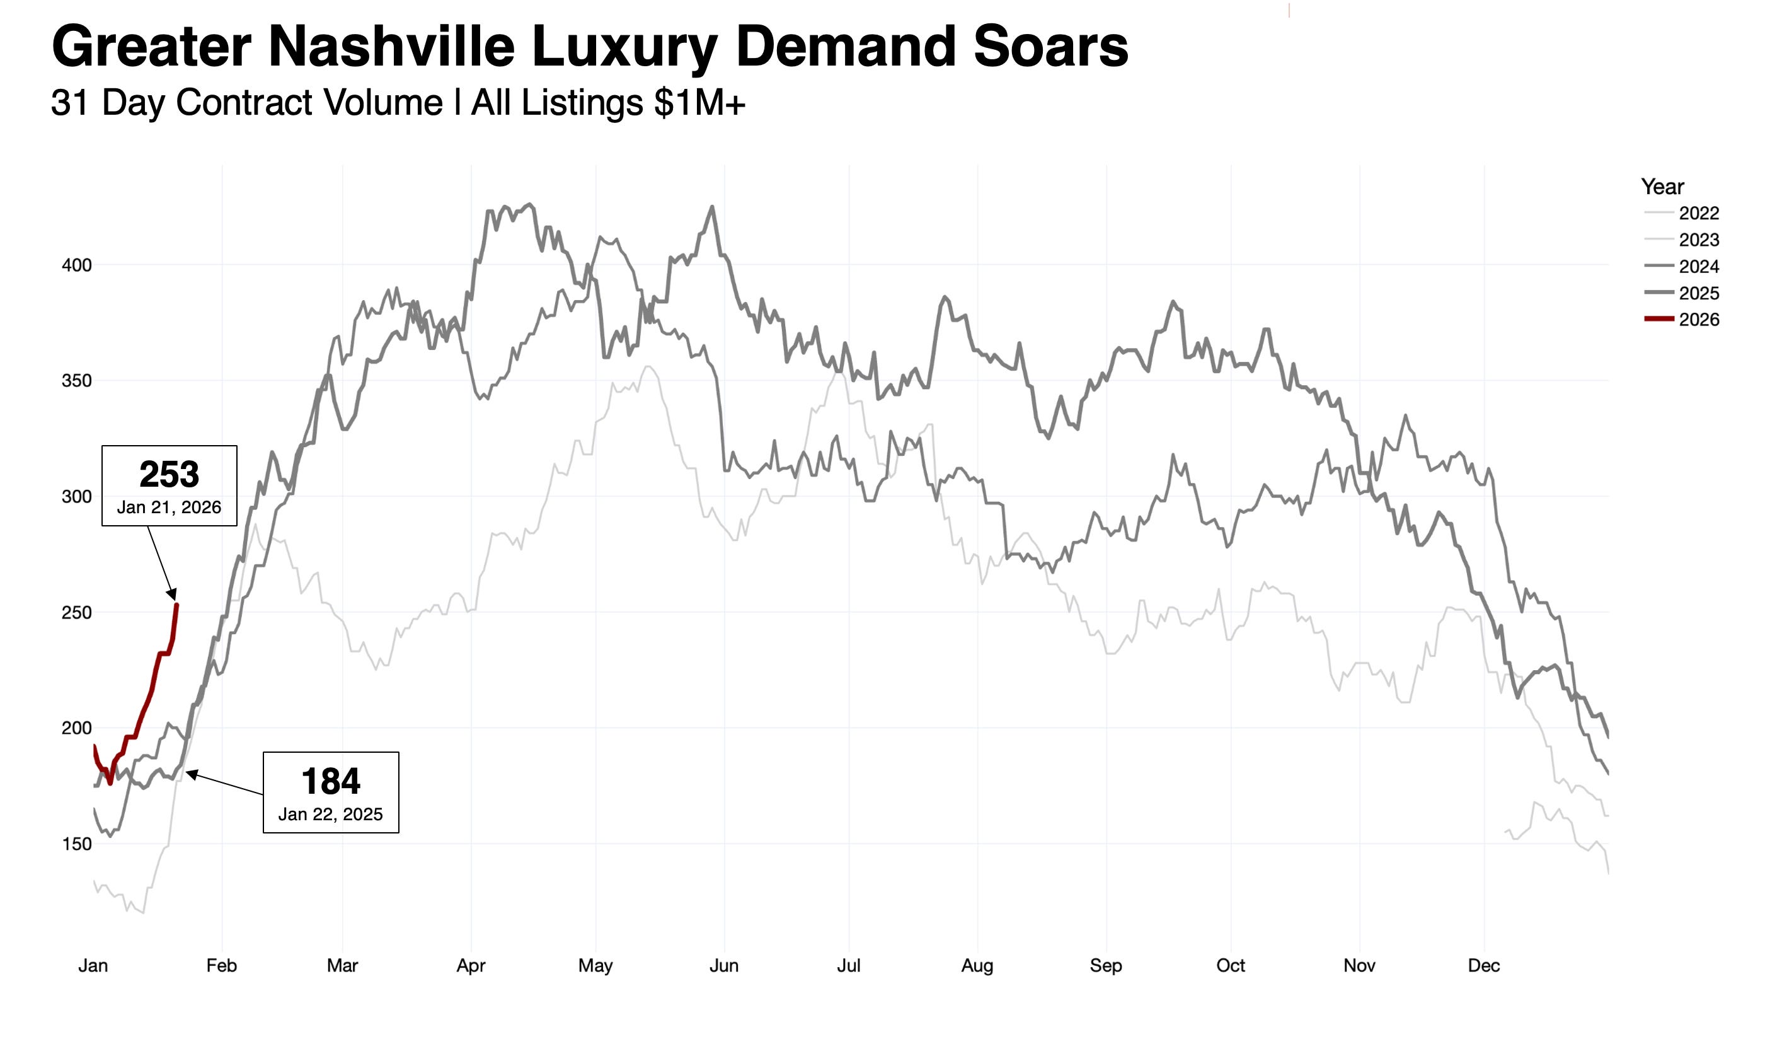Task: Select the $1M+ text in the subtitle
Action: (x=699, y=103)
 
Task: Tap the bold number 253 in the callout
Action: (x=169, y=475)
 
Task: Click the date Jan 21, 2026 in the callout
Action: (x=169, y=508)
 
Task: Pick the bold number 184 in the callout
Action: (x=330, y=782)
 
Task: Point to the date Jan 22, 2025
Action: (x=330, y=815)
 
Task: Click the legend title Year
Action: (x=1662, y=187)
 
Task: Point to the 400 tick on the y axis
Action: (x=76, y=265)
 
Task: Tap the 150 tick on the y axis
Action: (x=76, y=844)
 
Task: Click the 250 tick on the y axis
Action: (x=76, y=613)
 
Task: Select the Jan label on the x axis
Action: (x=93, y=966)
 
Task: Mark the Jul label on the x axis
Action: (x=849, y=966)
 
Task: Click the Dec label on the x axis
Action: (x=1483, y=966)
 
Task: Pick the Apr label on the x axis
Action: (x=471, y=966)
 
